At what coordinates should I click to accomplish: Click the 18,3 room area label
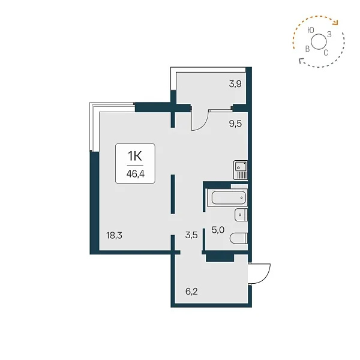coord(114,235)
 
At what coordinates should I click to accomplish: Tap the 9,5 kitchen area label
coord(235,124)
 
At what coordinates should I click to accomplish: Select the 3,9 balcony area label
coord(235,84)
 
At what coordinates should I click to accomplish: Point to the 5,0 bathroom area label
coord(218,230)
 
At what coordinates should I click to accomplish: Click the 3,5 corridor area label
coord(191,235)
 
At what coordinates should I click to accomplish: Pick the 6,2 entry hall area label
coord(191,292)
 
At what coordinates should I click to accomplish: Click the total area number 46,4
coord(136,174)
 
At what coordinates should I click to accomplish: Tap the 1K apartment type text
coord(135,156)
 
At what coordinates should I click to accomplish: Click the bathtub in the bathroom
coord(229,197)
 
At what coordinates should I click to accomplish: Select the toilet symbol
coord(239,238)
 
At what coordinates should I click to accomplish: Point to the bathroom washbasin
coord(241,215)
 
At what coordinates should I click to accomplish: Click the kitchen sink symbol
coord(241,170)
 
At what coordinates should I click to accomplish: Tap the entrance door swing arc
coord(264,277)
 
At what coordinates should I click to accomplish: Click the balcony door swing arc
coord(203,125)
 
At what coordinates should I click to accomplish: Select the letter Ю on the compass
coord(311,30)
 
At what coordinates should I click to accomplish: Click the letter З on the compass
coord(329,34)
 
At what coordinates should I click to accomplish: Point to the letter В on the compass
coord(307,49)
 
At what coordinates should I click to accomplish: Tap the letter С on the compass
coord(326,53)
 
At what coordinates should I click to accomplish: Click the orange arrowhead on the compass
coord(337,23)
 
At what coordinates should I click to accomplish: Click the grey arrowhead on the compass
coord(301,61)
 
